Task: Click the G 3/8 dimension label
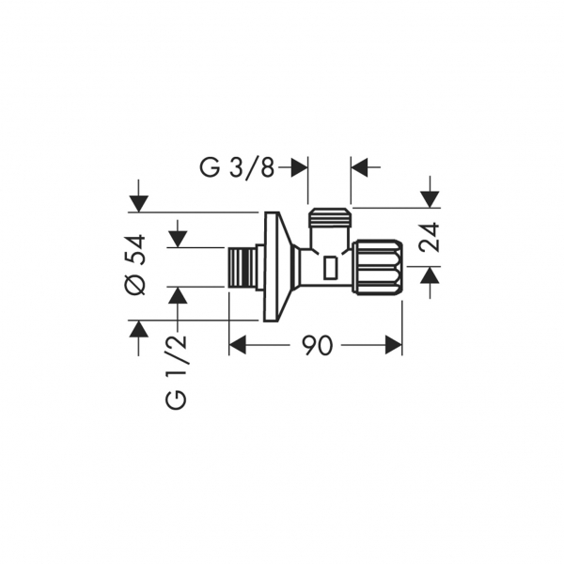237,167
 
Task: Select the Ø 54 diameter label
135,265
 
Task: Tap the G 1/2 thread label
177,371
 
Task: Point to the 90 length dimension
318,345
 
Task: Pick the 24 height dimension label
430,238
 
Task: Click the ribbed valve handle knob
378,267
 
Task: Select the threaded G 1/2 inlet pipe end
243,268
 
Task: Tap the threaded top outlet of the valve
330,218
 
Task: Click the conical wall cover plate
277,267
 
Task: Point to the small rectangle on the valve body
330,268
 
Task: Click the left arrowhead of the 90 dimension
238,345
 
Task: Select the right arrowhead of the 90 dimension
393,345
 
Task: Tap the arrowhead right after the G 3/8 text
300,167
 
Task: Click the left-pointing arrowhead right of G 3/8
359,167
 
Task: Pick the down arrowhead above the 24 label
431,199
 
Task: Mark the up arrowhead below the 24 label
431,274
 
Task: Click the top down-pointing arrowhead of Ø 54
139,204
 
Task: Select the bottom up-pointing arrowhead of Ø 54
139,328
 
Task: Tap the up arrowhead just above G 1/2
178,296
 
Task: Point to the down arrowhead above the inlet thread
178,239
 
